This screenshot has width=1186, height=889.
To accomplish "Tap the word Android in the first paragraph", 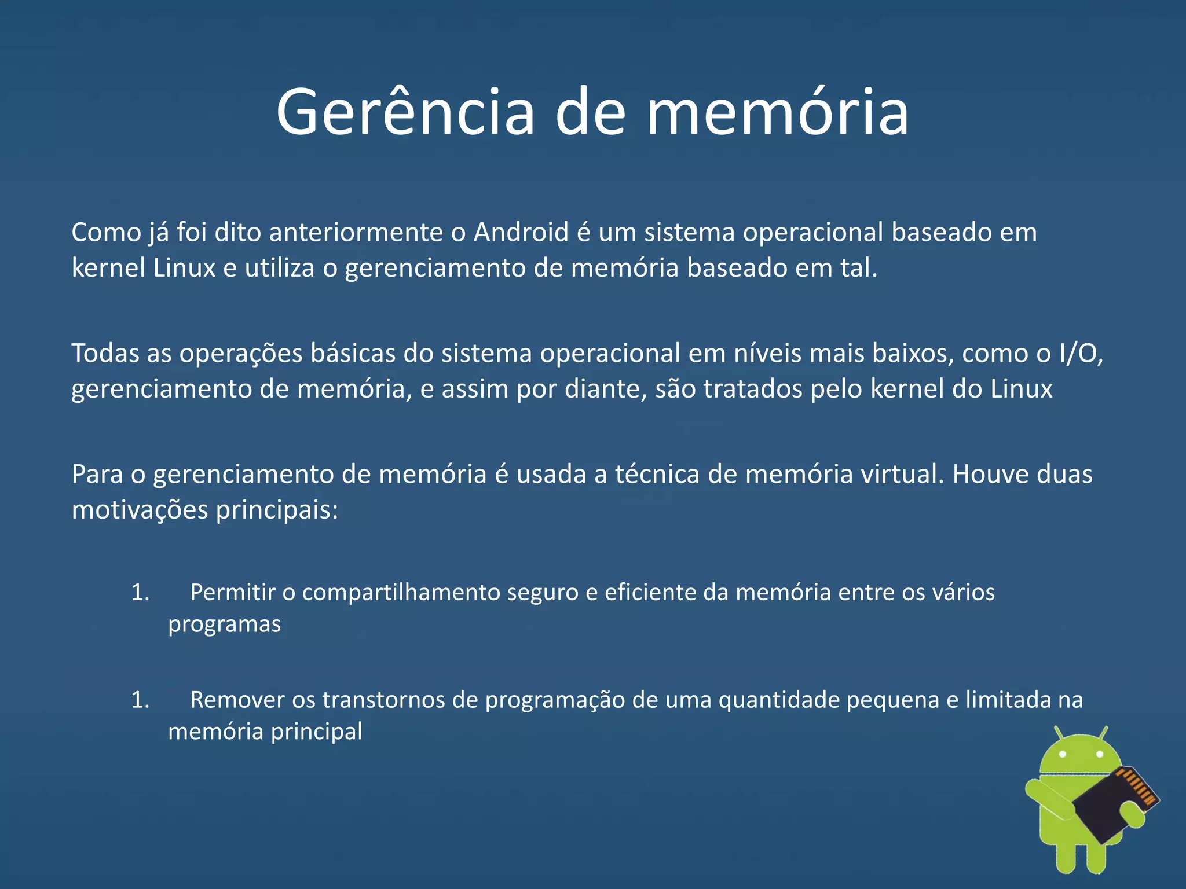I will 521,233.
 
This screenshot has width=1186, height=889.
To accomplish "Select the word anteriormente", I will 356,233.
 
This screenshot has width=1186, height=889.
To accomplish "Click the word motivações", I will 140,510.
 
